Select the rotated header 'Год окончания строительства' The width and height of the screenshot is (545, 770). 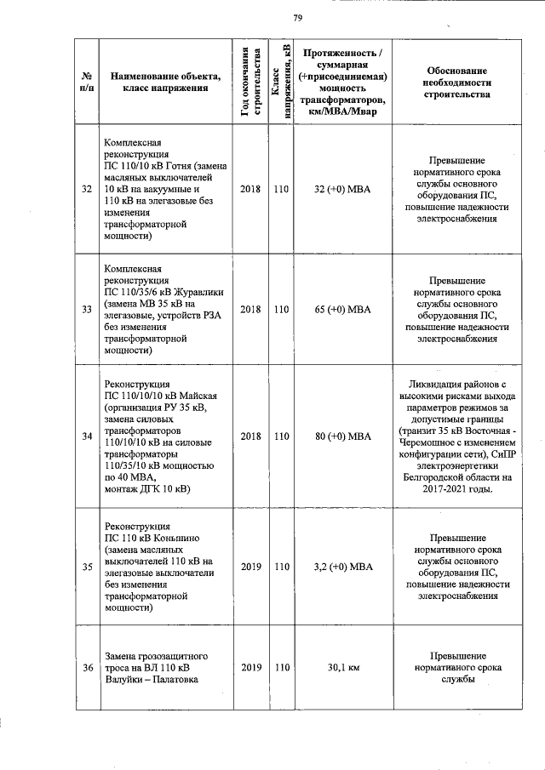point(250,82)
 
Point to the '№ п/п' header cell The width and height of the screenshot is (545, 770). point(87,82)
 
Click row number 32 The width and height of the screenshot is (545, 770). point(87,189)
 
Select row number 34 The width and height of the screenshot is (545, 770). point(87,436)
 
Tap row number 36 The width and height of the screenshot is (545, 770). point(87,668)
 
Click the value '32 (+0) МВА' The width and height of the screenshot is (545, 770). point(343,189)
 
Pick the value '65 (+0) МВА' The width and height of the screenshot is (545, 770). point(343,309)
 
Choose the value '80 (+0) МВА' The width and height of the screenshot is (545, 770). point(343,436)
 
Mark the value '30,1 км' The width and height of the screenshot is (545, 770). point(343,668)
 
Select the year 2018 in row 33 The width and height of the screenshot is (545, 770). point(250,309)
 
